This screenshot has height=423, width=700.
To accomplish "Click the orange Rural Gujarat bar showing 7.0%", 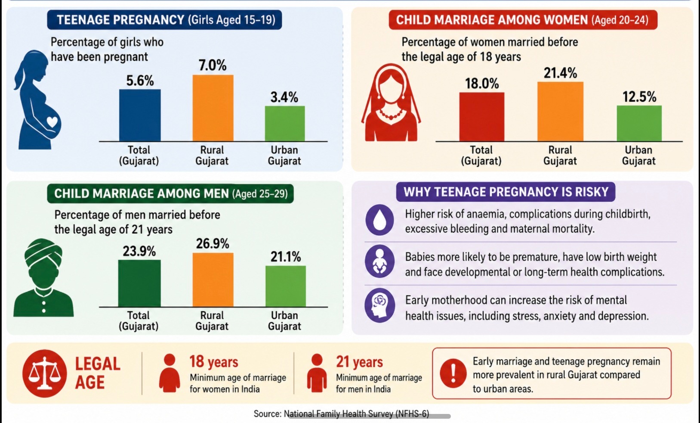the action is [x=213, y=108].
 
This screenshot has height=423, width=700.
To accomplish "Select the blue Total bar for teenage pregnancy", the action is [x=140, y=115].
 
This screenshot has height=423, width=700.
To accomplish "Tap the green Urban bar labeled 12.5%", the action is [x=639, y=123].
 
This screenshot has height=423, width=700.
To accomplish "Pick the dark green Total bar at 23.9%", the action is [x=139, y=283].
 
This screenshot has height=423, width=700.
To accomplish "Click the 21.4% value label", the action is [x=560, y=73].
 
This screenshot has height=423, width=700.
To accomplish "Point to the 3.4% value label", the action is [x=284, y=97].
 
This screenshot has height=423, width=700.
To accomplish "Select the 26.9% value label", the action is [x=213, y=243].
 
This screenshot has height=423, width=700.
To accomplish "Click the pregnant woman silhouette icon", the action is [x=37, y=100].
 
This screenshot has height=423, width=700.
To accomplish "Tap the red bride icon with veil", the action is [x=391, y=103].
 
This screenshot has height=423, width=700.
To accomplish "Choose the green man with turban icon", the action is [x=43, y=278].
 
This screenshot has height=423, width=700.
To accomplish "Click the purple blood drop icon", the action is [x=380, y=220].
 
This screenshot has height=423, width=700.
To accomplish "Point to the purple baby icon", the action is [x=380, y=261].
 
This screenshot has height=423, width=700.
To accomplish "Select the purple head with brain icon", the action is [x=380, y=305].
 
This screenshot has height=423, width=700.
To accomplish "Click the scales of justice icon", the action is [x=45, y=373].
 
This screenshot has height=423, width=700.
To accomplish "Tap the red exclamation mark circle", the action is [x=453, y=373].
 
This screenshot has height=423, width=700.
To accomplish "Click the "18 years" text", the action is [x=214, y=362].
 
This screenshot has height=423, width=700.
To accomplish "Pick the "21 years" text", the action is [x=359, y=362].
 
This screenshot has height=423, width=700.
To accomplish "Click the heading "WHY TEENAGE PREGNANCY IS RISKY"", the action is [x=506, y=192].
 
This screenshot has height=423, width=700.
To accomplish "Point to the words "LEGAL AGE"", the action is [x=98, y=373].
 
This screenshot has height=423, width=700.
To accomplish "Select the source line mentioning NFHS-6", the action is [x=341, y=414].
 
